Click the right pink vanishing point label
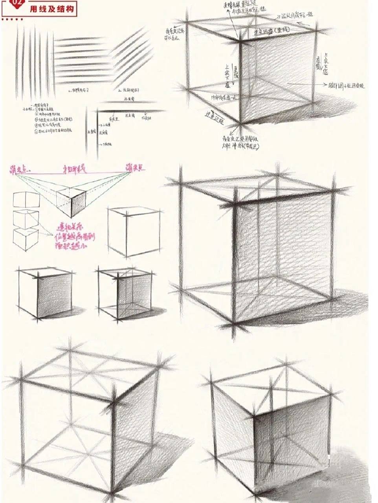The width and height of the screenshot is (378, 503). (135, 168)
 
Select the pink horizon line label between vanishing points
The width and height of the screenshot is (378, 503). (75, 169)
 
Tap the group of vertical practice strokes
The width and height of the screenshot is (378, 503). (33, 63)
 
